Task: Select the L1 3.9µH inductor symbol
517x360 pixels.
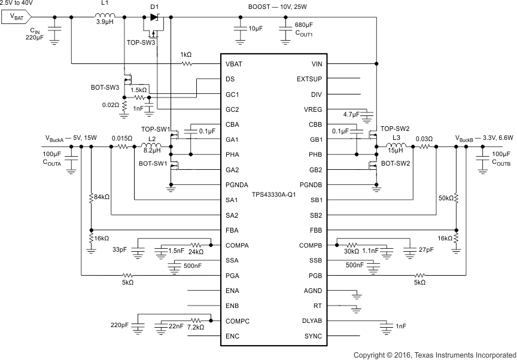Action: (x=105, y=16)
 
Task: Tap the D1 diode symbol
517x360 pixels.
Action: (x=154, y=17)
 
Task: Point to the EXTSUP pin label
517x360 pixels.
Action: (x=309, y=79)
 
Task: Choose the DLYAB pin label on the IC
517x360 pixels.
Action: (x=312, y=321)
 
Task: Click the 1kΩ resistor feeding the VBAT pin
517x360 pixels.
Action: (x=187, y=63)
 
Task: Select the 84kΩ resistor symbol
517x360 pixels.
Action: (x=90, y=197)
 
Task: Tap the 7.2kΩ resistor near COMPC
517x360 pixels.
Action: (x=195, y=321)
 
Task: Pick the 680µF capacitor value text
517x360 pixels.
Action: (x=304, y=25)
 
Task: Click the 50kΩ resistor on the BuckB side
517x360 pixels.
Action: (x=457, y=197)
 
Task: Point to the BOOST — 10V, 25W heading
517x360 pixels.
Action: (x=281, y=6)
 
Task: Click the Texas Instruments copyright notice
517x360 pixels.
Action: (x=434, y=355)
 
